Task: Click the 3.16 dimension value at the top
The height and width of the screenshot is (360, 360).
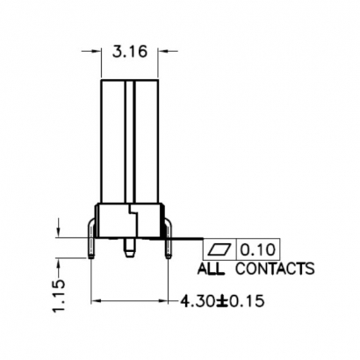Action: pyautogui.click(x=130, y=54)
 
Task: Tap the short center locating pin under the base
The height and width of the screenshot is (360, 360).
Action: pyautogui.click(x=129, y=247)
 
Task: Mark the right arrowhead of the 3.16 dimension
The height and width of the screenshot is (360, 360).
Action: pyautogui.click(x=162, y=52)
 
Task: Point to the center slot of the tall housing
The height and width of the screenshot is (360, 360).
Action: pyautogui.click(x=130, y=140)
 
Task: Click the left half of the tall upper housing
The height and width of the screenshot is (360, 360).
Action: pyautogui.click(x=115, y=140)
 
